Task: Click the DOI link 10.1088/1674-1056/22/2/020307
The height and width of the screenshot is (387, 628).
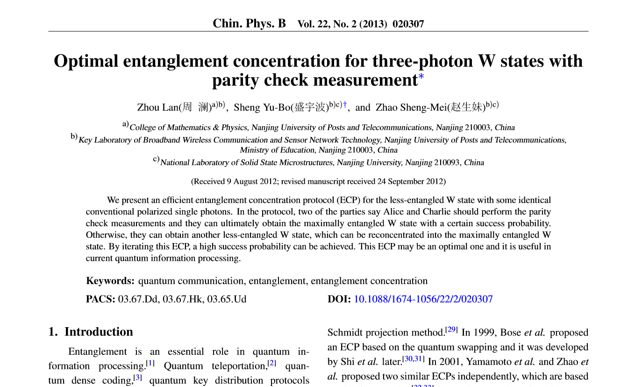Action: (x=423, y=299)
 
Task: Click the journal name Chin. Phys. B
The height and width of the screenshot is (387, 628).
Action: (x=249, y=23)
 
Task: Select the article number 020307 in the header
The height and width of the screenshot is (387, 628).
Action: (x=408, y=24)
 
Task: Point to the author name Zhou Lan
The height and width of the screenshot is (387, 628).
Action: (x=157, y=107)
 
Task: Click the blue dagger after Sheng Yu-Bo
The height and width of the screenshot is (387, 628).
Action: (x=345, y=105)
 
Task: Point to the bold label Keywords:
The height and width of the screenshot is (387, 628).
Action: (x=110, y=281)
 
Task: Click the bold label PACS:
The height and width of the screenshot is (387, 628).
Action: (x=100, y=299)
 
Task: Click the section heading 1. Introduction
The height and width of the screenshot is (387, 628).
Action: (x=91, y=332)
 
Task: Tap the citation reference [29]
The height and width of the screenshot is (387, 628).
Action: (x=451, y=330)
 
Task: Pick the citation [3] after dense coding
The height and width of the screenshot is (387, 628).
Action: (x=138, y=378)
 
